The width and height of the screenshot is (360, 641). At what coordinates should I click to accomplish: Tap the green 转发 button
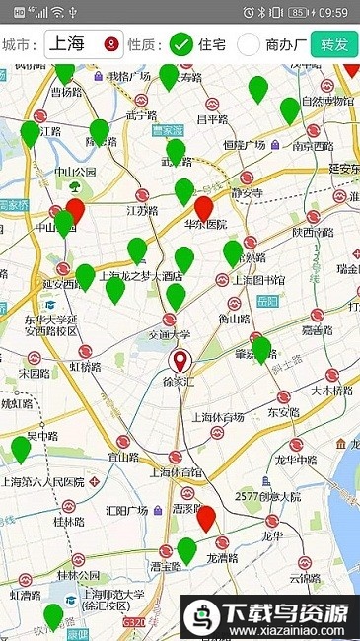coord(332,44)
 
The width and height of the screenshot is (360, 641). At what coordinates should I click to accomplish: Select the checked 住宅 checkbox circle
coord(180,44)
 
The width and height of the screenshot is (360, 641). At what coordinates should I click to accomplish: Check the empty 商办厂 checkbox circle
coord(249,44)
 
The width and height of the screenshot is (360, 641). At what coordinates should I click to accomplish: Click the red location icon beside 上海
coord(110,44)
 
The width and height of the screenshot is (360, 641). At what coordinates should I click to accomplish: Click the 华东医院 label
coord(205,225)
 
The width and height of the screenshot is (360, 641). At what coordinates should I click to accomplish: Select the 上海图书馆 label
coord(257,279)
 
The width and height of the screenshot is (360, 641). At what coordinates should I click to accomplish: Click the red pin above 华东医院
coord(204,207)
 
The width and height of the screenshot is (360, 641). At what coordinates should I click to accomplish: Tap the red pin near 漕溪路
coord(206,517)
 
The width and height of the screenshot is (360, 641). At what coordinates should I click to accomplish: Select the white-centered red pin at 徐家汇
coord(180,359)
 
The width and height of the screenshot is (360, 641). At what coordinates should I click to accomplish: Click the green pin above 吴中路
coord(21,449)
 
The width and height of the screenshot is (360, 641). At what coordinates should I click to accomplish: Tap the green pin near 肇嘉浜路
coord(261,348)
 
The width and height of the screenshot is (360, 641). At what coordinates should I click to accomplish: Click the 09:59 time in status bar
coord(332,12)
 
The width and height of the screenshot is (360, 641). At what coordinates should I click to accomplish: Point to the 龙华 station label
coord(272,535)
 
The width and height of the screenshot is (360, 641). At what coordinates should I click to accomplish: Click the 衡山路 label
coord(234,319)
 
